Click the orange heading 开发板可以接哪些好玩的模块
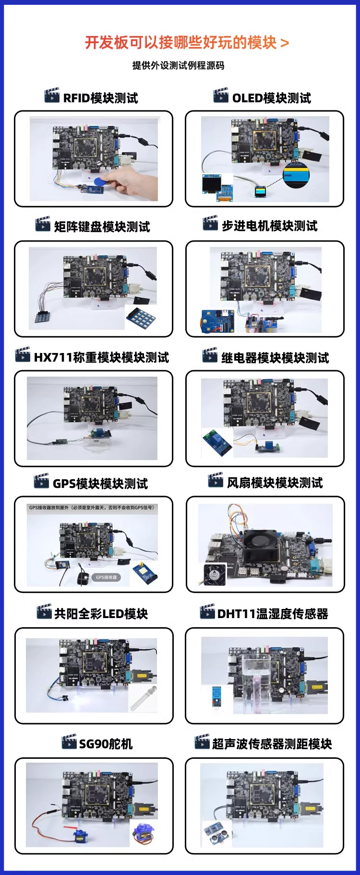(181, 43)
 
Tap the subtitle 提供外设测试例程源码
(178, 65)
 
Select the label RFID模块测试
(100, 98)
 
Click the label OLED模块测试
(271, 98)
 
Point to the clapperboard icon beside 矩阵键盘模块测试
(43, 224)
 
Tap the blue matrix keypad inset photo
(141, 317)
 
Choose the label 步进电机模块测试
(269, 226)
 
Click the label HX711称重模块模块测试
(101, 357)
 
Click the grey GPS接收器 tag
(106, 577)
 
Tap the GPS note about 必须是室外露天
(91, 507)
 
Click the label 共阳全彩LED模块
(101, 614)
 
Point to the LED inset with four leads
(144, 699)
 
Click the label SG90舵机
(106, 744)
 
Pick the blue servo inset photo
(143, 833)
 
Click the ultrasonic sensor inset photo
(216, 832)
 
